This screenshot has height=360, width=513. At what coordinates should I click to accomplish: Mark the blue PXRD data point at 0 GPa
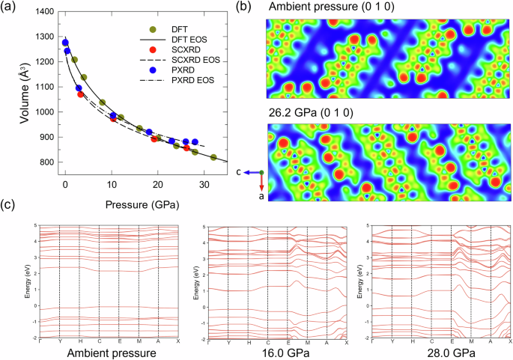click(x=65, y=43)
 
